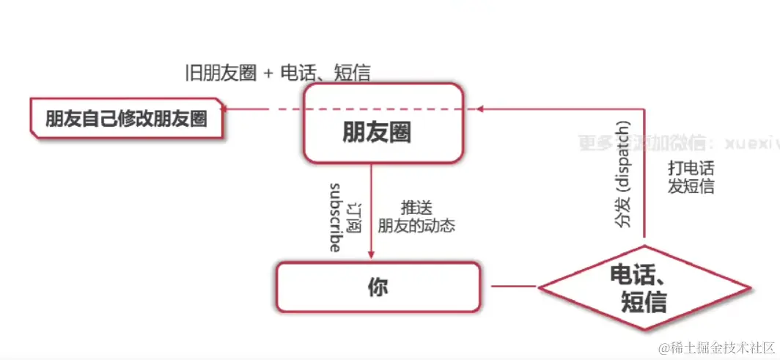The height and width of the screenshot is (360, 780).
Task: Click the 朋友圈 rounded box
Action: tap(383, 123)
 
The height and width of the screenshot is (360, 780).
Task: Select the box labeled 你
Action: tap(378, 287)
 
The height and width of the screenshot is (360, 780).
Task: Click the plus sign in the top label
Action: tap(268, 73)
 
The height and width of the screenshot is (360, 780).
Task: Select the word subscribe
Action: tap(335, 216)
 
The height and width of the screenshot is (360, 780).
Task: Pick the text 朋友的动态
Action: tap(416, 226)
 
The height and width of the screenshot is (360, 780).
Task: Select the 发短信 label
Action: tap(691, 186)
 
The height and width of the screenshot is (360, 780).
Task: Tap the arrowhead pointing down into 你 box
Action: tap(371, 254)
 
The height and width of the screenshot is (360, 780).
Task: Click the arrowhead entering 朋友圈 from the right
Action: tap(481, 109)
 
